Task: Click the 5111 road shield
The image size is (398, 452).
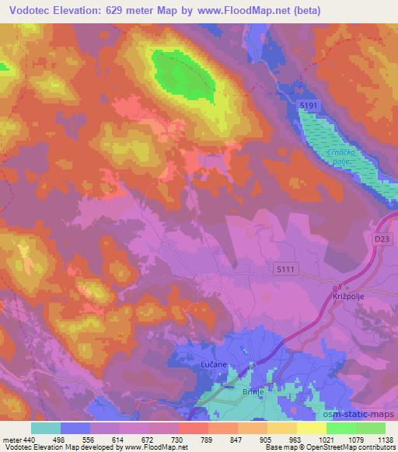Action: coord(285,269)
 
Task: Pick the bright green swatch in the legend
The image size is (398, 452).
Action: coord(340,428)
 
